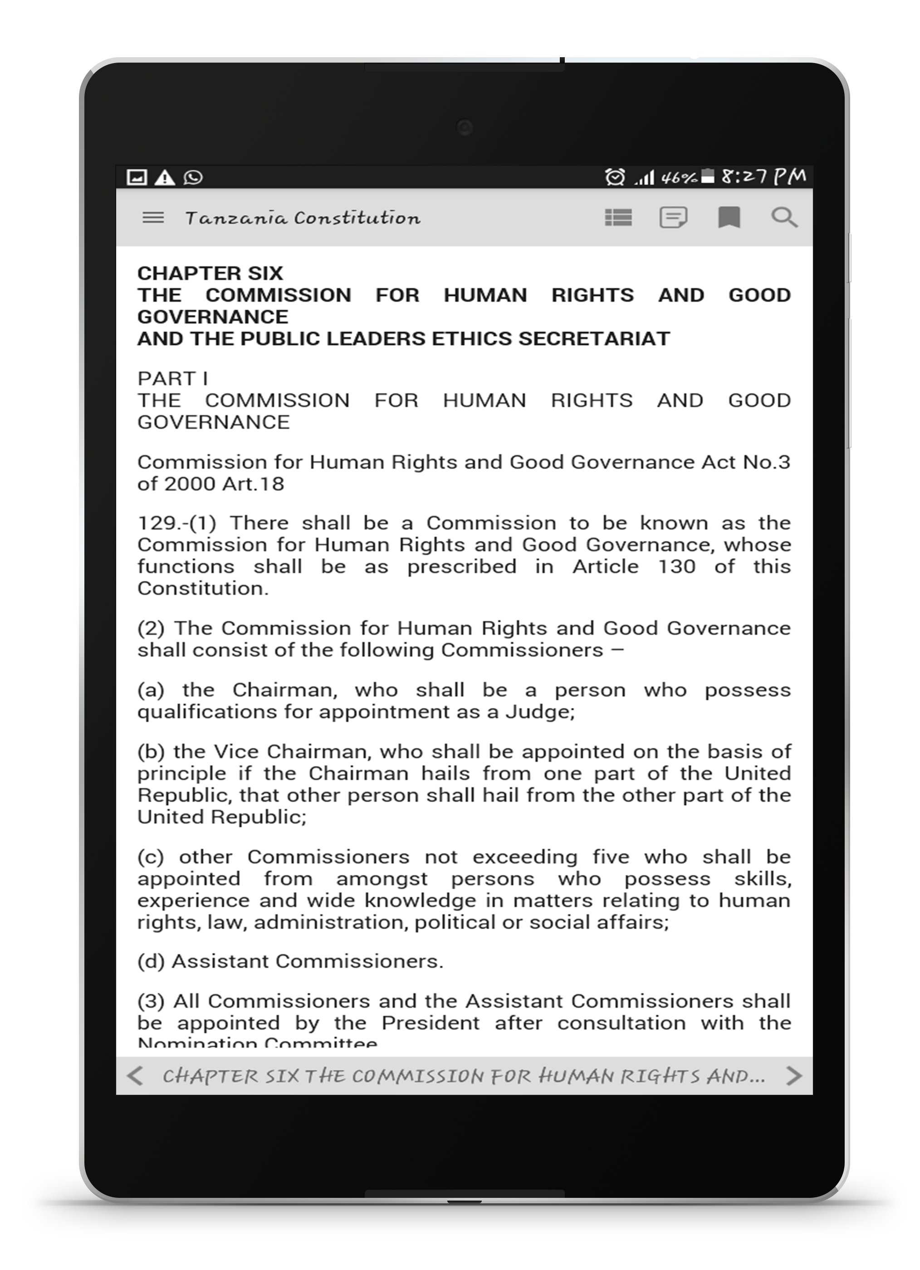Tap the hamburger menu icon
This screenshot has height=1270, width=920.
point(153,217)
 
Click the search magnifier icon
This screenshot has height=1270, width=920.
point(784,217)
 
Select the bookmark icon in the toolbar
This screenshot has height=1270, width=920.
point(729,217)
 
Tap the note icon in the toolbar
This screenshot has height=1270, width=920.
point(673,217)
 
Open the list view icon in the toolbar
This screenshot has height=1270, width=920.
point(618,217)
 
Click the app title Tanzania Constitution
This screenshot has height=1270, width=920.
point(303,218)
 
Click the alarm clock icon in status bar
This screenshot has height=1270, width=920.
point(614,177)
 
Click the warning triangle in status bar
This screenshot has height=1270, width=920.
point(165,177)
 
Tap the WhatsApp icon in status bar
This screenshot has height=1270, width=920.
point(193,177)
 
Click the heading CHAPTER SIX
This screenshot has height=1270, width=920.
point(210,273)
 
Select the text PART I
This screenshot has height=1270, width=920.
point(172,378)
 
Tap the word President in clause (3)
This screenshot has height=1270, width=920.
point(430,1023)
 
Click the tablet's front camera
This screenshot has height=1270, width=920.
point(464,127)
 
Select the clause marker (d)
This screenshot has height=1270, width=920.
point(151,961)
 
